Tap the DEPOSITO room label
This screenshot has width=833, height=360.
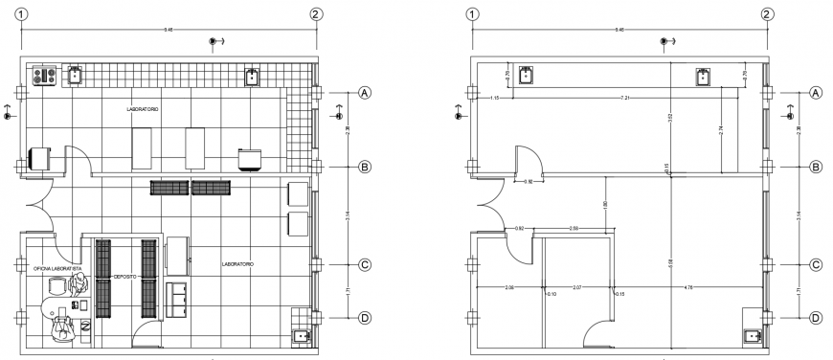[124, 277]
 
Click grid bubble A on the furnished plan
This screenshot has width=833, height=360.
[364, 93]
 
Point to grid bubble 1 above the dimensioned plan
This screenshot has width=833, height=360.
[471, 14]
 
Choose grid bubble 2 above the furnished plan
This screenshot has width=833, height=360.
[317, 14]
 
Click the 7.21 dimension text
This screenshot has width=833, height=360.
[624, 97]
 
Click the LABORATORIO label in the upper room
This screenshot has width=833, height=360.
[143, 110]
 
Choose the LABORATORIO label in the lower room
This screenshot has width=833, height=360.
[236, 263]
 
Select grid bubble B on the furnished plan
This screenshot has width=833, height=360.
[364, 167]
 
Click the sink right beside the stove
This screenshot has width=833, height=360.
[76, 74]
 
